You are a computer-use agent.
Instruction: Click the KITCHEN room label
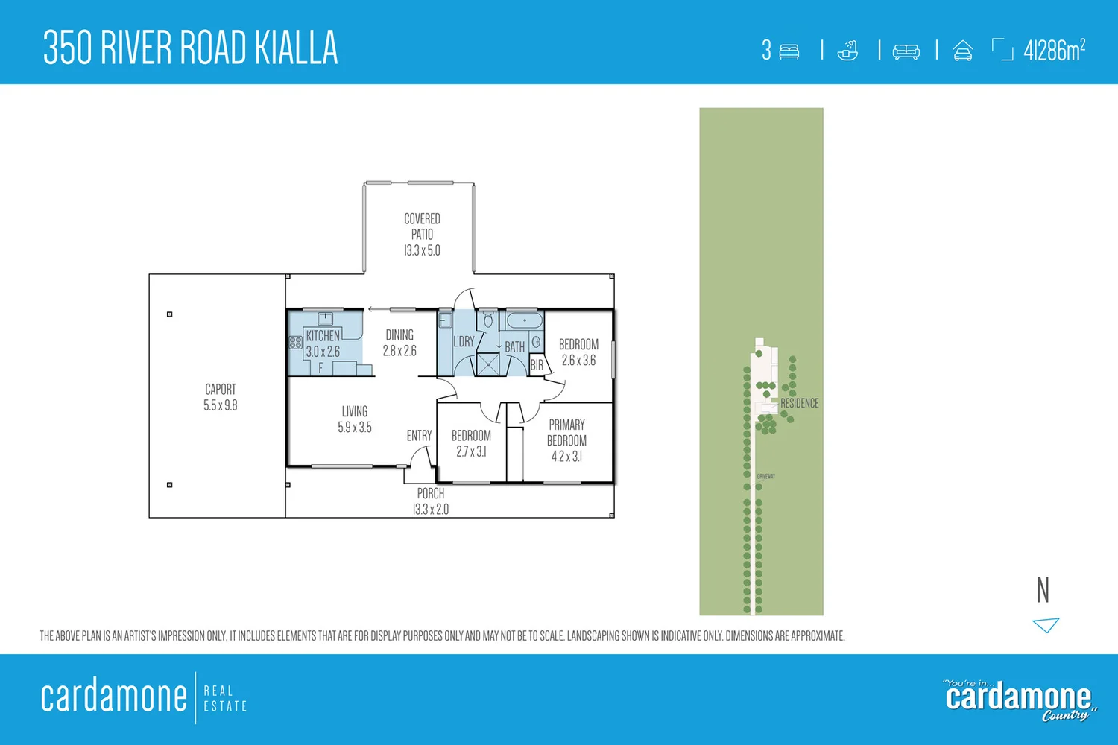coord(323,336)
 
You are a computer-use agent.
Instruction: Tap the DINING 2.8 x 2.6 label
coord(399,343)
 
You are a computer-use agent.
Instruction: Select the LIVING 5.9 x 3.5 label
coord(355,419)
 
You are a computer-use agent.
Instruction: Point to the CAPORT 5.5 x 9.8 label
coord(221,397)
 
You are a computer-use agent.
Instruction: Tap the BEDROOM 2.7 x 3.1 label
coord(471,443)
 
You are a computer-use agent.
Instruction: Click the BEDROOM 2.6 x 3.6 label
coord(578,352)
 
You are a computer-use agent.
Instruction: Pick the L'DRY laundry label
coord(464,342)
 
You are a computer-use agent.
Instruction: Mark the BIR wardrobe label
coord(537,366)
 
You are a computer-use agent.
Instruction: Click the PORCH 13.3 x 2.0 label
coord(431,501)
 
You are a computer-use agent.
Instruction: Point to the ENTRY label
coord(419,436)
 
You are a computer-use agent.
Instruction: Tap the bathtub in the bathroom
coord(525,321)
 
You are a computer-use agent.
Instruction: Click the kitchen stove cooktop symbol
coord(295,343)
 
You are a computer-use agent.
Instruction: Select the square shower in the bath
coord(489,364)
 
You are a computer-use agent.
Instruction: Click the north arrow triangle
coord(1046,624)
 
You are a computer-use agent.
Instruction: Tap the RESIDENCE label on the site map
coord(799,403)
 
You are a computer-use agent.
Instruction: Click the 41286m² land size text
coord(1054,51)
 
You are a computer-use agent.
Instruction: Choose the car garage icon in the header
coord(962,51)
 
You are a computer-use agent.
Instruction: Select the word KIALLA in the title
coord(297,48)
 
